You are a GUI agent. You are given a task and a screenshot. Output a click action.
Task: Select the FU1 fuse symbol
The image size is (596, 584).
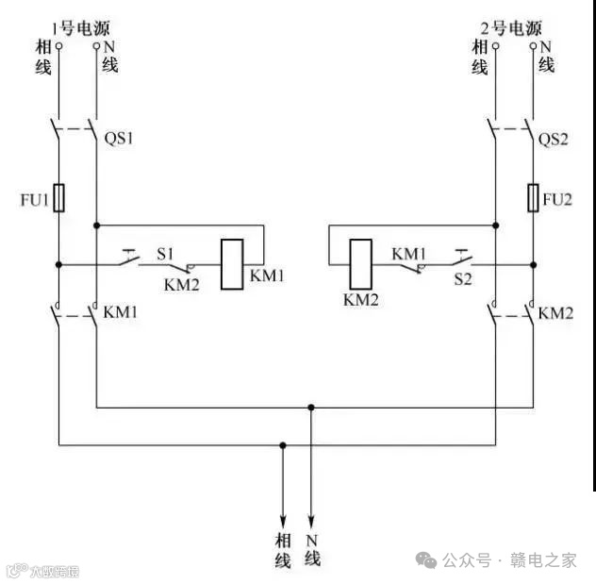pyautogui.click(x=59, y=197)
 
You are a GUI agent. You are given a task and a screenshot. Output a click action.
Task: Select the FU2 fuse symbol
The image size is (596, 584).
pyautogui.click(x=533, y=197)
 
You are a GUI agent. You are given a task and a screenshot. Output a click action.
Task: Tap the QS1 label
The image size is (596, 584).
pyautogui.click(x=120, y=139)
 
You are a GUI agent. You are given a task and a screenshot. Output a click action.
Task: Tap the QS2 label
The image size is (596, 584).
pyautogui.click(x=555, y=139)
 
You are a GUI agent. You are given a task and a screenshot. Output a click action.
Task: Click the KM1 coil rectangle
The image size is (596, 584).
pyautogui.click(x=231, y=264)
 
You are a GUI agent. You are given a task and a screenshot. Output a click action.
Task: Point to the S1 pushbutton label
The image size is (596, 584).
pyautogui.click(x=166, y=252)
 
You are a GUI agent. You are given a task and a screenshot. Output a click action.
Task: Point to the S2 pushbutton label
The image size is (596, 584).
pyautogui.click(x=461, y=279)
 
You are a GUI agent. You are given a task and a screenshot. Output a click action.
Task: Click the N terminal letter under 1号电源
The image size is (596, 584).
pyautogui.click(x=109, y=45)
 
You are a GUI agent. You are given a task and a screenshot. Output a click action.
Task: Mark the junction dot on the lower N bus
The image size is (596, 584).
pyautogui.click(x=311, y=408)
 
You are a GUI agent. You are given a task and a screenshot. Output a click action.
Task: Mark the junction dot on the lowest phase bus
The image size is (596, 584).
pyautogui.click(x=282, y=443)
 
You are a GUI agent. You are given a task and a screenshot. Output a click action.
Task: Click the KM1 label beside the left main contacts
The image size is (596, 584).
pyautogui.click(x=121, y=312)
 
